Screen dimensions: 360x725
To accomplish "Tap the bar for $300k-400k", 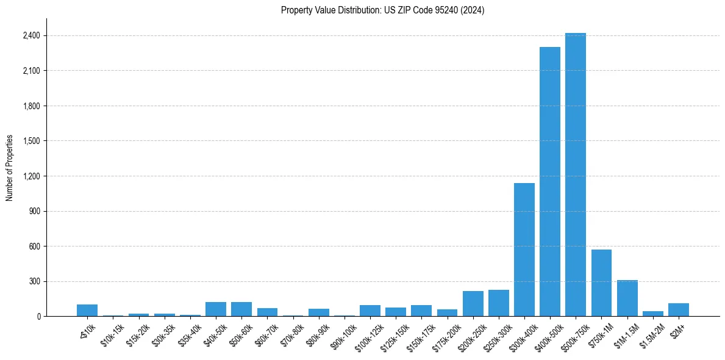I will coord(524,250).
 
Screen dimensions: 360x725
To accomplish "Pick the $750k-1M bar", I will coord(601,283).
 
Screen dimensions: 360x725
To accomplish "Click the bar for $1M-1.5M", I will coord(627,298).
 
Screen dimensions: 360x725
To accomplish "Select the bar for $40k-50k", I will coord(216,309).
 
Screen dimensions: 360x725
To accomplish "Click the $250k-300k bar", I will coord(499,303).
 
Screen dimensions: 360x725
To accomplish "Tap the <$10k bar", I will coord(87,311).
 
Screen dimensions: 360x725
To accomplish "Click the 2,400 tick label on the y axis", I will coord(31,36).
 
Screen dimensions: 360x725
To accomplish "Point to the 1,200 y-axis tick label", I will coord(31,176).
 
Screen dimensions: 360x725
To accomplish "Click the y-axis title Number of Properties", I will coord(10,168).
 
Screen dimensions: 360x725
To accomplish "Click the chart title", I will coord(382,10).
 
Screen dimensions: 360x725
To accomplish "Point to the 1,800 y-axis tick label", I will coord(31,106).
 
